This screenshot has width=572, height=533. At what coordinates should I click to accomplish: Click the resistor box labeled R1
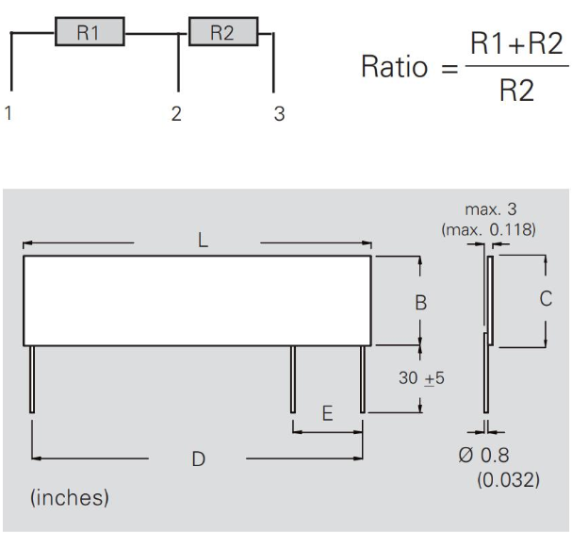tap(89, 34)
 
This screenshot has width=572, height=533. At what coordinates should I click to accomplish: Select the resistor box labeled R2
tap(222, 34)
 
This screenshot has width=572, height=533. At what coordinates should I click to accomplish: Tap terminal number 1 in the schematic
tap(9, 114)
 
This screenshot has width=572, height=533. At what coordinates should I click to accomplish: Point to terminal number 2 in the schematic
tap(176, 114)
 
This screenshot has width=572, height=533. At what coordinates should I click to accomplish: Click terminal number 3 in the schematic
tap(278, 114)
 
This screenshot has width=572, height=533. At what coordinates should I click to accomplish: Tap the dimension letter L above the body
tap(203, 242)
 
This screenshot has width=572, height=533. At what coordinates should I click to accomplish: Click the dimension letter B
tap(421, 303)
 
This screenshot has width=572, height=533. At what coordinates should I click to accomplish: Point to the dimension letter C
tap(546, 299)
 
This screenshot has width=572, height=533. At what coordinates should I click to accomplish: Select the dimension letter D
tap(199, 459)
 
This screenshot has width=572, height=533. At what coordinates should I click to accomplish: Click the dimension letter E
tap(328, 413)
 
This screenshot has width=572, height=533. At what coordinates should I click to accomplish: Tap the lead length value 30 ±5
tap(421, 378)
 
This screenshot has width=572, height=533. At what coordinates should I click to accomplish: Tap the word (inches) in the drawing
tap(70, 497)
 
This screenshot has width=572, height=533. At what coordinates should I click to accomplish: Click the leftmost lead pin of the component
tap(33, 378)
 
